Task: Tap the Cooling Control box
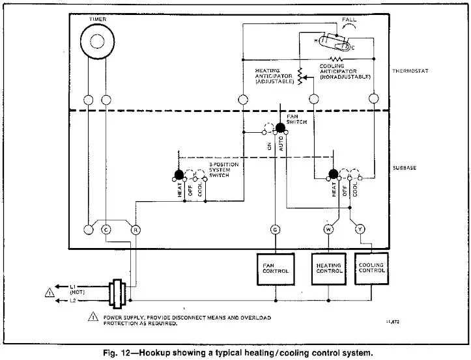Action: pyautogui.click(x=372, y=270)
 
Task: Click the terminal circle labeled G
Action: pyautogui.click(x=275, y=229)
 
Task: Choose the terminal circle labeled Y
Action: pyautogui.click(x=359, y=229)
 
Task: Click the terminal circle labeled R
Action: pyautogui.click(x=136, y=229)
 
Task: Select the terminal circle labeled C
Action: pyautogui.click(x=106, y=229)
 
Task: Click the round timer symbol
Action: pyautogui.click(x=96, y=41)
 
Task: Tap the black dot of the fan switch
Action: pyautogui.click(x=281, y=127)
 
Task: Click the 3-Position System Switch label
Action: pyautogui.click(x=220, y=175)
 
